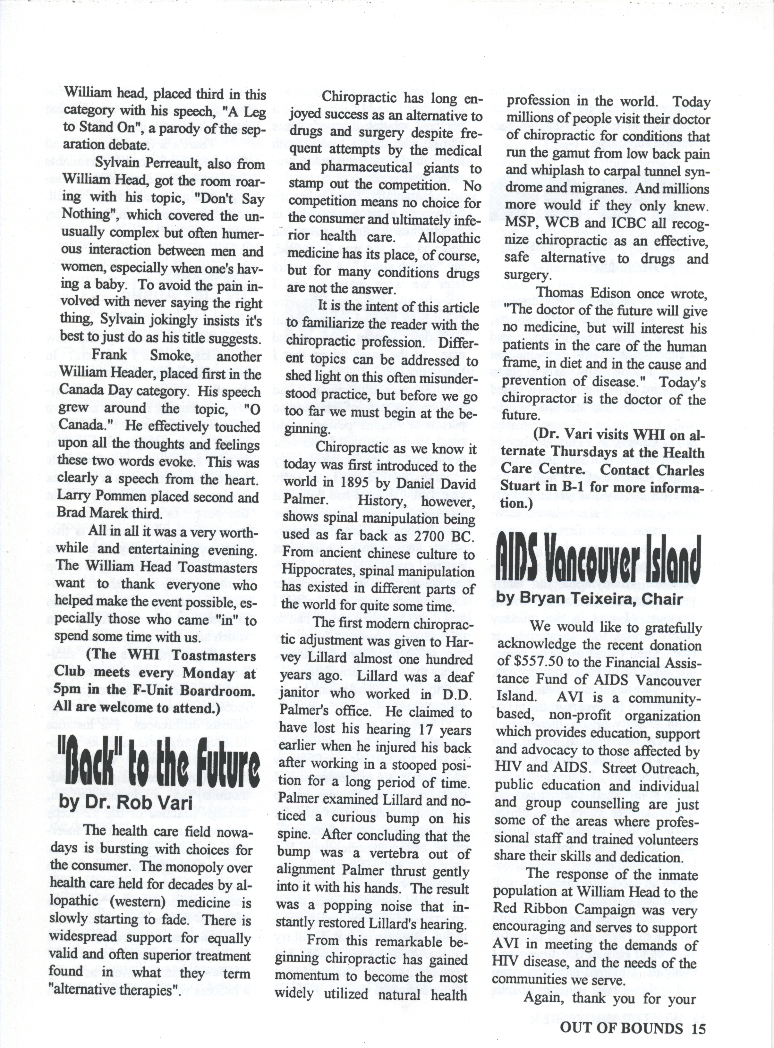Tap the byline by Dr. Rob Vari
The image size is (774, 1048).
point(125,802)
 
